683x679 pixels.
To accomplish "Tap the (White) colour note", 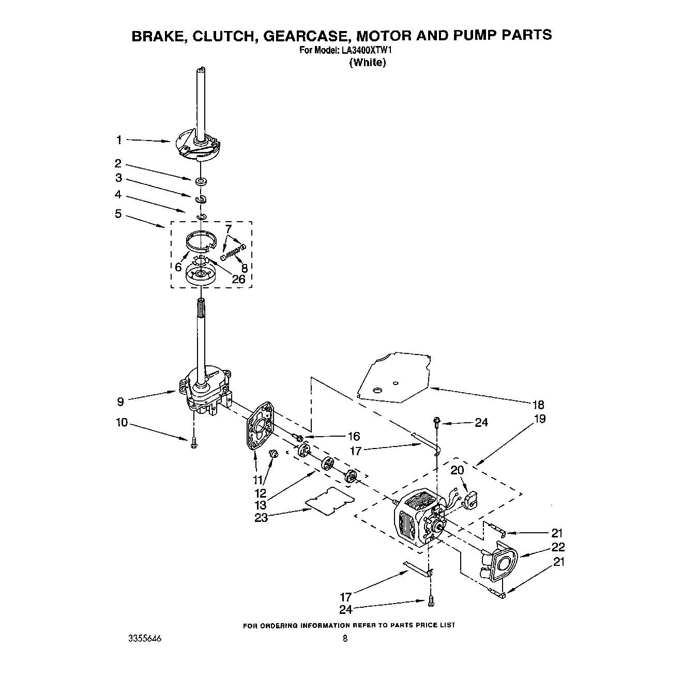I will click(x=368, y=63).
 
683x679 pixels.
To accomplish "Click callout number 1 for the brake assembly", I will click(x=119, y=140).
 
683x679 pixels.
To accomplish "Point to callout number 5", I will click(x=118, y=213).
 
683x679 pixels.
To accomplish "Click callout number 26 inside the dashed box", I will click(x=238, y=279).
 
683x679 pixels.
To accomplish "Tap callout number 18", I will click(x=538, y=405).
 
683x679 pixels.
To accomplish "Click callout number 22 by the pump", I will click(x=558, y=547).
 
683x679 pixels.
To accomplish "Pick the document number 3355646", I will click(x=145, y=639).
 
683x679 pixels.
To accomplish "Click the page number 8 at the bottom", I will click(x=345, y=639).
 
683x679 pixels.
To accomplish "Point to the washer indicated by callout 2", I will click(x=201, y=181).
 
